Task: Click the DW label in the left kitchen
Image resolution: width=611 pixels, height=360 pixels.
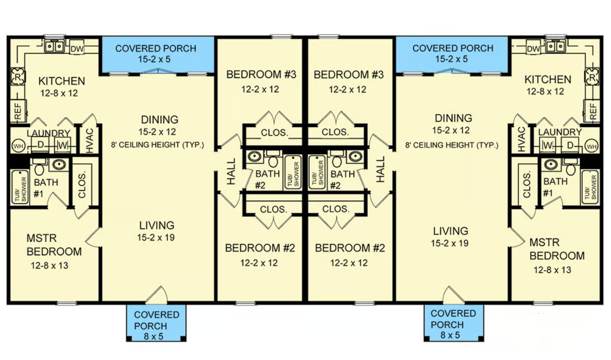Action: [x=76, y=48]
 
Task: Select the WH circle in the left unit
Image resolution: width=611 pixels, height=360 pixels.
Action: [x=17, y=144]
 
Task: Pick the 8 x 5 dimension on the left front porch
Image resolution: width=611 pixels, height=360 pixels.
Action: [x=156, y=335]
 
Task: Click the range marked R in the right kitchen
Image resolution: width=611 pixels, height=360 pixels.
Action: [x=592, y=76]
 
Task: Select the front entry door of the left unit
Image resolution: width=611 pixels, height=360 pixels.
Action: [x=156, y=295]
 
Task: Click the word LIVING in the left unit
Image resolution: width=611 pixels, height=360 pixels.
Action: [x=156, y=225]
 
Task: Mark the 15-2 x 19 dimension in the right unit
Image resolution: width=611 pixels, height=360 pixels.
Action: [x=451, y=243]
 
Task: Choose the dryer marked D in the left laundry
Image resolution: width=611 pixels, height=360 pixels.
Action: [x=40, y=144]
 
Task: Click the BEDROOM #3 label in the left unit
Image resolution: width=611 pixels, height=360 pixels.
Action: [x=262, y=75]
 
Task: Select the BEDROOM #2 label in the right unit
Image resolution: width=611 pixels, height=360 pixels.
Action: [x=349, y=249]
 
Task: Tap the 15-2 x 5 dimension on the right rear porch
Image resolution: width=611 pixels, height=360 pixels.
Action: [x=452, y=59]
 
